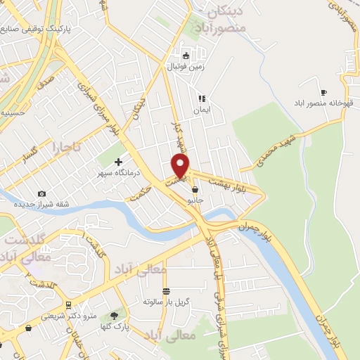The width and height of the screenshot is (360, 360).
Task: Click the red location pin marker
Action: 181,166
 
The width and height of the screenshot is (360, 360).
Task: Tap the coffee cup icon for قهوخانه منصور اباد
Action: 323,92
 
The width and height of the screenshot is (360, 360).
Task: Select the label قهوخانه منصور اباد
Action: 323,103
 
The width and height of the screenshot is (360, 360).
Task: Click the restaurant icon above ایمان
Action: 202,99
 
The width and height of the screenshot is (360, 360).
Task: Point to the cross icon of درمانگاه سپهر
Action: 118,162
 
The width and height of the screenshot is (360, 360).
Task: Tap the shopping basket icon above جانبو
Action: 195,190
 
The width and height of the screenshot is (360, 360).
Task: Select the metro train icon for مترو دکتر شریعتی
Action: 68,304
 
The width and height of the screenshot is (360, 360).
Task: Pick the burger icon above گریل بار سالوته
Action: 167,290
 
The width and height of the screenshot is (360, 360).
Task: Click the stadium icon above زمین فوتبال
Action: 186,56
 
